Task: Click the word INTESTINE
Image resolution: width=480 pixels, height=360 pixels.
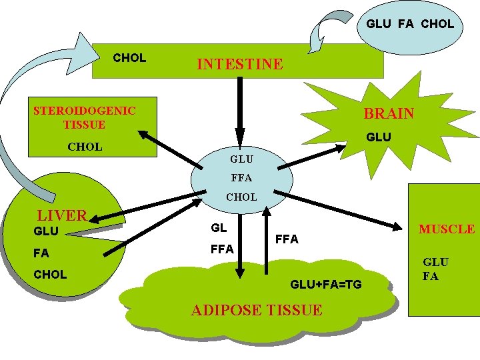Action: pyautogui.click(x=239, y=65)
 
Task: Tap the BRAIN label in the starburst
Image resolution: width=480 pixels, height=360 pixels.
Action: pyautogui.click(x=389, y=114)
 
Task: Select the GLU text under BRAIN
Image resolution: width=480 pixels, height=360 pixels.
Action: pyautogui.click(x=379, y=137)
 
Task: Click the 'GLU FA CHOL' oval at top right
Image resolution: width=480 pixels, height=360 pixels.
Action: pyautogui.click(x=409, y=24)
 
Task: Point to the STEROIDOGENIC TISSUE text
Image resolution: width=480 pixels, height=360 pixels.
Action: pyautogui.click(x=84, y=117)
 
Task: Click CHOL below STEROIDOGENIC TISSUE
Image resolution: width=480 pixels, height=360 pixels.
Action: pyautogui.click(x=85, y=147)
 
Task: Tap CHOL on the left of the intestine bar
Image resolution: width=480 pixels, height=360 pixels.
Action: pyautogui.click(x=129, y=58)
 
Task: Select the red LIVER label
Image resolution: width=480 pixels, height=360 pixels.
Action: pyautogui.click(x=62, y=215)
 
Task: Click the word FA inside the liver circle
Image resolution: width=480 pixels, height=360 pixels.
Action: pyautogui.click(x=41, y=253)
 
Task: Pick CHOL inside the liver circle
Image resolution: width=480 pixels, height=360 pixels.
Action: pyautogui.click(x=50, y=275)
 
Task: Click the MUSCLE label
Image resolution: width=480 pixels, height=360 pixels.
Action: pyautogui.click(x=446, y=229)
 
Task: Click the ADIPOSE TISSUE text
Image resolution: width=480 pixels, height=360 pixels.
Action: pyautogui.click(x=257, y=310)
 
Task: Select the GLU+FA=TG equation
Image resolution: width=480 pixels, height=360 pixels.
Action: pyautogui.click(x=325, y=285)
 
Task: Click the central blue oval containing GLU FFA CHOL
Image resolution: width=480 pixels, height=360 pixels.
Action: pyautogui.click(x=241, y=178)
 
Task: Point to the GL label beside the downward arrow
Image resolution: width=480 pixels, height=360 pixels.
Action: pyautogui.click(x=219, y=228)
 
